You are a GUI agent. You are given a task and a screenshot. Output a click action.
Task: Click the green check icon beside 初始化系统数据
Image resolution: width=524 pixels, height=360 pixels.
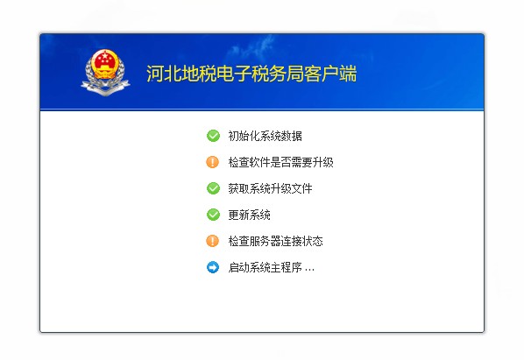pos(212,136)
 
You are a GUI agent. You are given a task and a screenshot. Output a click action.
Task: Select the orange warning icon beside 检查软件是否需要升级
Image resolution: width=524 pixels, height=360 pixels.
pos(212,162)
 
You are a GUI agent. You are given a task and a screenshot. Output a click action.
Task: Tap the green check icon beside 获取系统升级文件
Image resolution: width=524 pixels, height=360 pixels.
pos(212,188)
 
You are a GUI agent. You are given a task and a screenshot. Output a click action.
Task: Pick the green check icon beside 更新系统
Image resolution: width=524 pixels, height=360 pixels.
pos(212,215)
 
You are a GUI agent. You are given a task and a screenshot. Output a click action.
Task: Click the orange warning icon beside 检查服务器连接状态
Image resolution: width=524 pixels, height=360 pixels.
pos(212,241)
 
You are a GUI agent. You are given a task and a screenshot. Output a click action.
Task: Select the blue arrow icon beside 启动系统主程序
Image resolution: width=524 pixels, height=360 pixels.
pos(212,267)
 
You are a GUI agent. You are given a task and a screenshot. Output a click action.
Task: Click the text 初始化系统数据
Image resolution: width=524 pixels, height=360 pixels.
pos(265,136)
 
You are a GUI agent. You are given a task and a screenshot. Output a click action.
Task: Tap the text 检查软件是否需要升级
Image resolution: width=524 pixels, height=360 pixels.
pos(280,162)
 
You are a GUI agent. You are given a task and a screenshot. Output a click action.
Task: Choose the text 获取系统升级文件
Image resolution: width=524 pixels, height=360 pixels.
pos(270,188)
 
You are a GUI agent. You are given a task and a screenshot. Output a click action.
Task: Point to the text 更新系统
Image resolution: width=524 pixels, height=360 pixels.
pos(249,215)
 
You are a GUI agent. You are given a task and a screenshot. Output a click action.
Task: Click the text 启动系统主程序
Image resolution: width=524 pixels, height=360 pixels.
pos(265,267)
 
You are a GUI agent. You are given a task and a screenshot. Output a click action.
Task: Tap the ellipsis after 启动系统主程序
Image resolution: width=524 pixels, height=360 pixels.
pos(309,268)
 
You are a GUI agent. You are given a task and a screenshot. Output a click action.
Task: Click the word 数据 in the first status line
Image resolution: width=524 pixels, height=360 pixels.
pos(292,136)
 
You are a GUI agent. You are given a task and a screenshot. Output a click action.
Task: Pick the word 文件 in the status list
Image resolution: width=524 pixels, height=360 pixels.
pos(302,188)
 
